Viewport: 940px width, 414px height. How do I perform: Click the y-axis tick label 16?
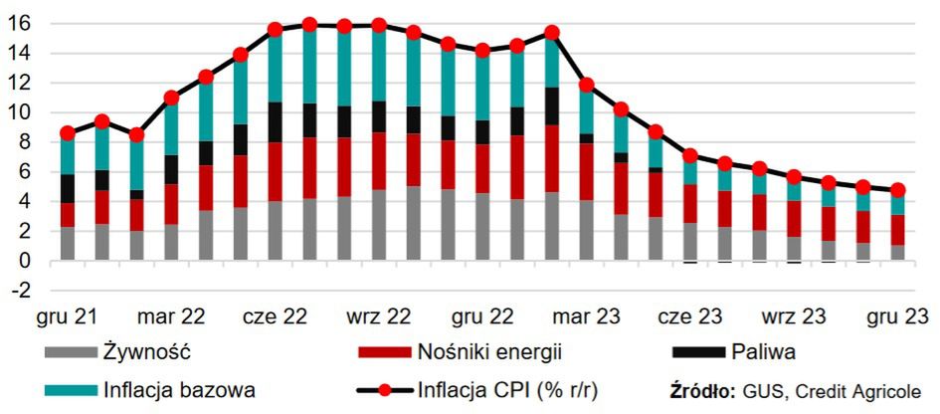click(x=19, y=22)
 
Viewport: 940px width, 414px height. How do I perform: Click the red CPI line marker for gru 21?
click(x=68, y=132)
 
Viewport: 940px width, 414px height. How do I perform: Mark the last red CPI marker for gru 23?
click(x=896, y=190)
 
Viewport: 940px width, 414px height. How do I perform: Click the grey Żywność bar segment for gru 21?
click(x=68, y=244)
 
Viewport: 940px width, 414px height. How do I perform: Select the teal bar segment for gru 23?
click(x=896, y=203)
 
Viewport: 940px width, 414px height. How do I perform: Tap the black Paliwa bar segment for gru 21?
click(x=68, y=188)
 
